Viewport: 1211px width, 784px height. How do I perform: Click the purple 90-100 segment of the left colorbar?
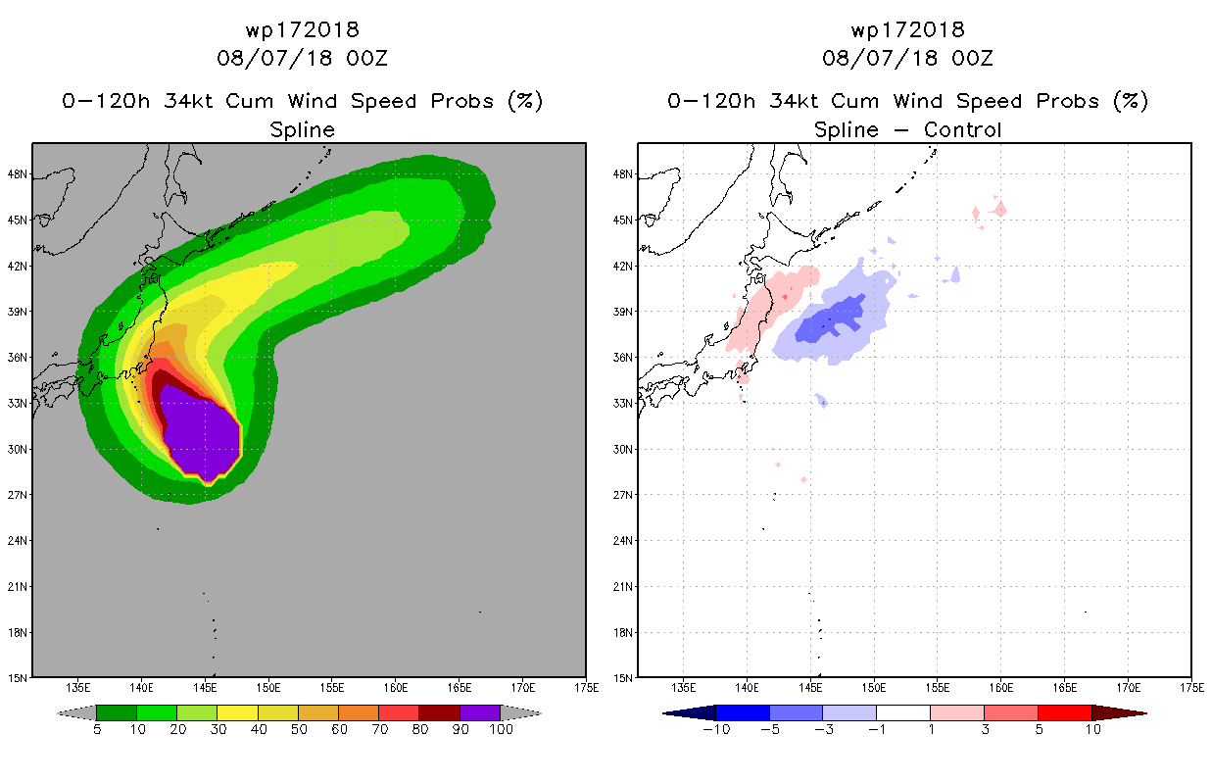tap(480, 712)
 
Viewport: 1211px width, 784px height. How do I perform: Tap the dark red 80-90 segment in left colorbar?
tap(440, 712)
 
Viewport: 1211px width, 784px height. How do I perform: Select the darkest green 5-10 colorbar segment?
tap(117, 712)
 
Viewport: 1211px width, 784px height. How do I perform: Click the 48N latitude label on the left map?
tap(17, 174)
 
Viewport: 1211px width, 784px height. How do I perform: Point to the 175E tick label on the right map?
tap(1191, 688)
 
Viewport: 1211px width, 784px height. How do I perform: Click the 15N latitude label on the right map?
tap(622, 678)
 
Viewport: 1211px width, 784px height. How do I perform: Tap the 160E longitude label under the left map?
tap(395, 688)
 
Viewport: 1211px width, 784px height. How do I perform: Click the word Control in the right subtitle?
tap(962, 129)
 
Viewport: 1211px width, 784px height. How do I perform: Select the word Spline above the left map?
tap(302, 130)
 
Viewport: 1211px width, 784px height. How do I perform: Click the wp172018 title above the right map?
tap(907, 30)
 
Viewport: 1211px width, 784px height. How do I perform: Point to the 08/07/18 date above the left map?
tap(274, 59)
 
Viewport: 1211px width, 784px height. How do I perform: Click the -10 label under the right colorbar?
tap(716, 729)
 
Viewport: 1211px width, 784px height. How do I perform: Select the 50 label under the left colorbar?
tap(299, 729)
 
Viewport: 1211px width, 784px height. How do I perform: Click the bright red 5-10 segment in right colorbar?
tap(1065, 712)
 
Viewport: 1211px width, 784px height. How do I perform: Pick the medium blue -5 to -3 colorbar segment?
tap(796, 712)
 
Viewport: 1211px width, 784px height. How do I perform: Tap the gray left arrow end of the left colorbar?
tap(76, 712)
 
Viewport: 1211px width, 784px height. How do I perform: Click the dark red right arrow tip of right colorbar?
tap(1146, 713)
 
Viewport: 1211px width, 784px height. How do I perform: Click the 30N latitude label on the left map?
tap(17, 449)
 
